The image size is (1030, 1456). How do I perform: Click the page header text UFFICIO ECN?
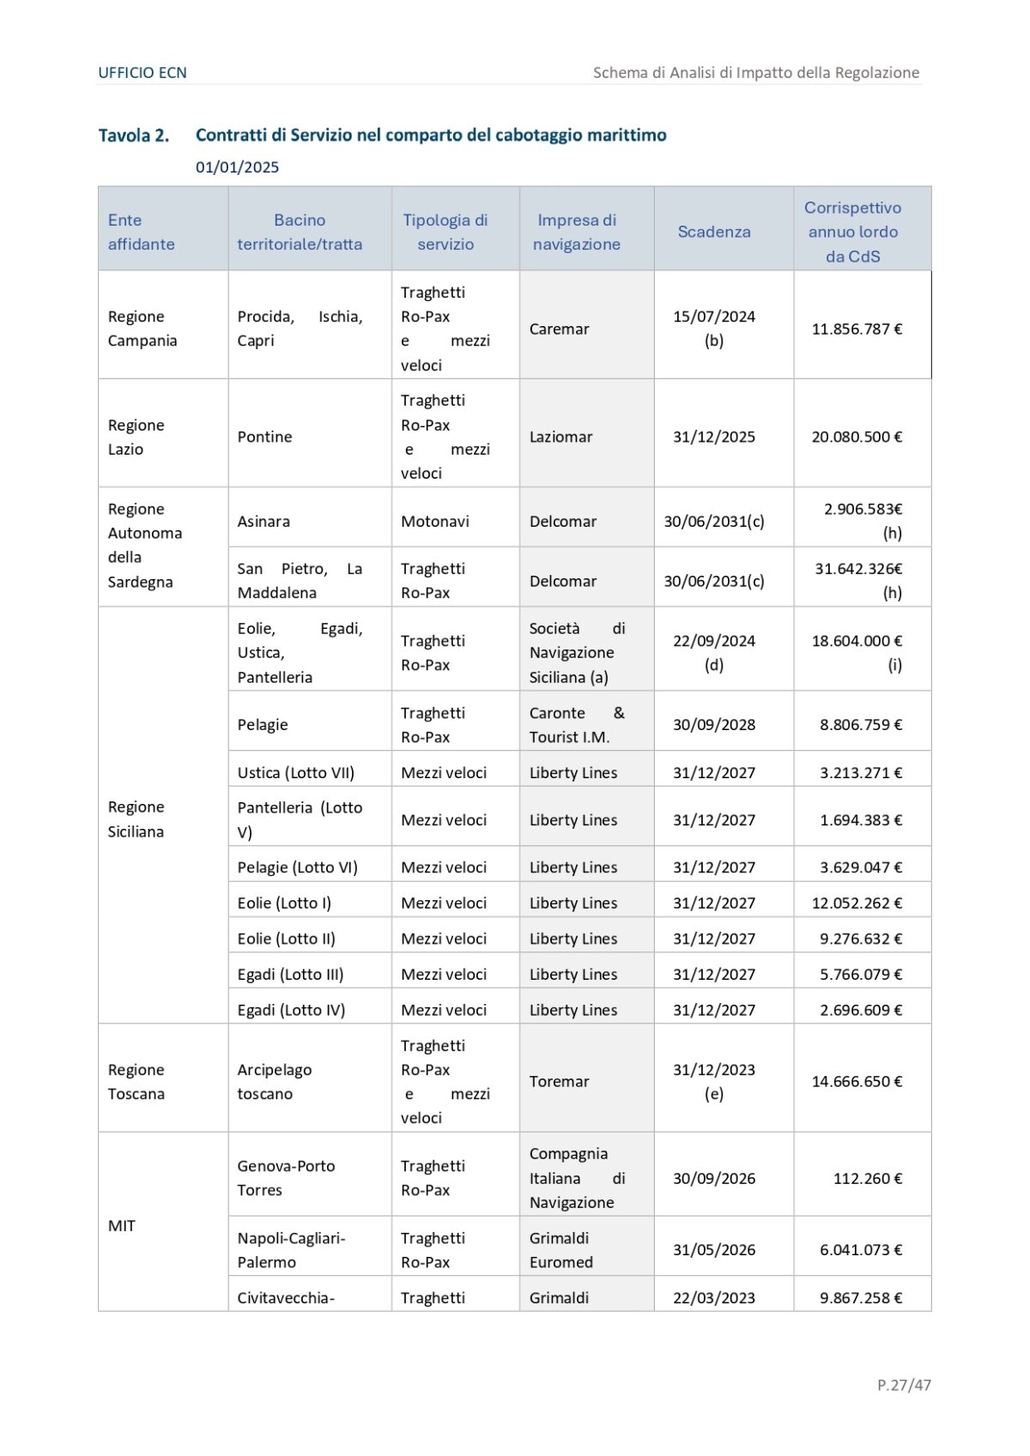pos(142,73)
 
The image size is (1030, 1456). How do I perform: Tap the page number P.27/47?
pos(904,1385)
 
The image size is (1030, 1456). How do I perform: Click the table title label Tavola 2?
pos(134,136)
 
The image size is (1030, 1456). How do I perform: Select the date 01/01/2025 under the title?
pos(237,167)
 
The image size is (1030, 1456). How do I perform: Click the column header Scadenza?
pos(714,232)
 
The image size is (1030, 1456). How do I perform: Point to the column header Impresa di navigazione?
pos(577,233)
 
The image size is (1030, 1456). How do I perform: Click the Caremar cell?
pos(560,329)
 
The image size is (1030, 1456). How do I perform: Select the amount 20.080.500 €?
pos(857,437)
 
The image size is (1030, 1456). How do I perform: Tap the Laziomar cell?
pos(561,437)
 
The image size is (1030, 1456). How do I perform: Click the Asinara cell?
pos(264,521)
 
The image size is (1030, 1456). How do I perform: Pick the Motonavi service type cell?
pos(435,521)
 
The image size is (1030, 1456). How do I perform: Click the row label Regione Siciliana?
pos(136,819)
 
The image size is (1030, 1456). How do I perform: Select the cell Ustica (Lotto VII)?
pos(296,772)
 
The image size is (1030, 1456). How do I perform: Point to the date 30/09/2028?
pos(714,724)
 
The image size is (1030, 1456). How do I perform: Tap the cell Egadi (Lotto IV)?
pos(292,1010)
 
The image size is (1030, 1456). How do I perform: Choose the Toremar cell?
pos(560,1081)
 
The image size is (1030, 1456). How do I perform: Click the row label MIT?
pos(122,1225)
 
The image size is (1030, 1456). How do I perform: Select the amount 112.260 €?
pos(867,1178)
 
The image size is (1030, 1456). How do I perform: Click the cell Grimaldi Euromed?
pos(561,1250)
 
